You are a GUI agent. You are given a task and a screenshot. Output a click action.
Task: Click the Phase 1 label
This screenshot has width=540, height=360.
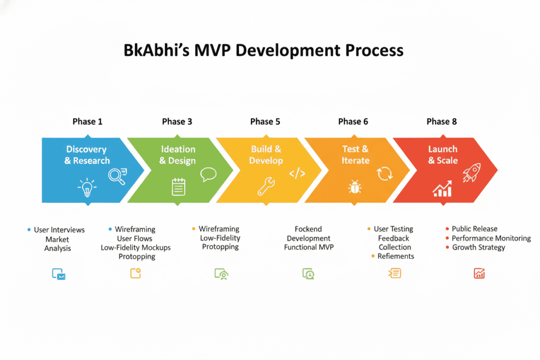(88, 122)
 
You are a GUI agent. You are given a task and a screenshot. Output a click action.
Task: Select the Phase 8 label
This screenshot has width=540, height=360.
(441, 122)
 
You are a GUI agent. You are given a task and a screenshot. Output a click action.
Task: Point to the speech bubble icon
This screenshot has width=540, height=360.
(208, 174)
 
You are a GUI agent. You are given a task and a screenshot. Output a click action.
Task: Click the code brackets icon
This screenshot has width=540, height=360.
(297, 173)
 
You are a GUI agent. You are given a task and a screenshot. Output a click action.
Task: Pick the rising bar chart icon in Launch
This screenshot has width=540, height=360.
(442, 188)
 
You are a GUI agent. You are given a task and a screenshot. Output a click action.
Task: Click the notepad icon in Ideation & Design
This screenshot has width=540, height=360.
(179, 187)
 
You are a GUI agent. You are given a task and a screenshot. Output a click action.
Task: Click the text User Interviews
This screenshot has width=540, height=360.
(59, 230)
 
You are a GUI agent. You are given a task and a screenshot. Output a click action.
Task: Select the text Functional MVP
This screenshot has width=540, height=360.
(308, 247)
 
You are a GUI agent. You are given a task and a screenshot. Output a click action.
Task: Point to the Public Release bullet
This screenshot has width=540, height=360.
(474, 229)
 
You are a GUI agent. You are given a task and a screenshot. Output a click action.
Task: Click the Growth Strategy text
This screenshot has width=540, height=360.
(478, 247)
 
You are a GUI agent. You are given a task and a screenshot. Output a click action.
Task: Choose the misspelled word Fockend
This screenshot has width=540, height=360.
(308, 229)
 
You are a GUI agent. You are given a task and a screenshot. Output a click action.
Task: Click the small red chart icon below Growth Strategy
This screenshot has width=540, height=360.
(479, 273)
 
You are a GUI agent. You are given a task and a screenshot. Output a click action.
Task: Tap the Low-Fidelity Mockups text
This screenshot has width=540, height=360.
(136, 247)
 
